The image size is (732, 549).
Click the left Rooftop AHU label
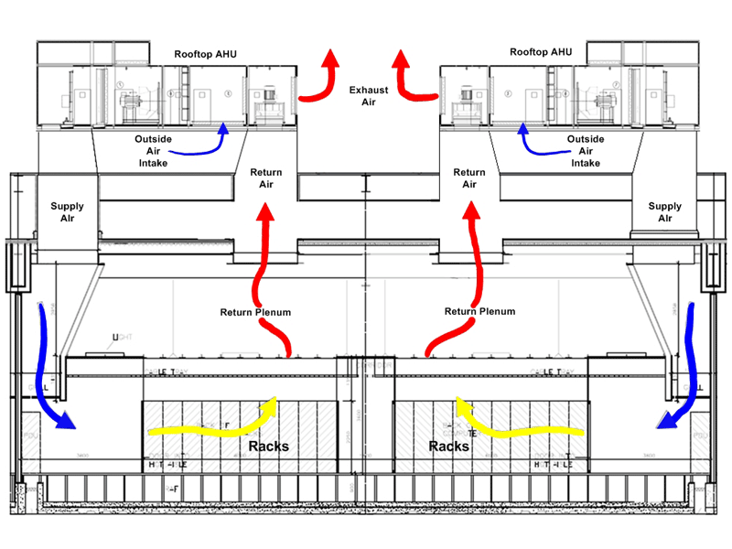click(206, 54)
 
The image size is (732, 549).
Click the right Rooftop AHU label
click(541, 52)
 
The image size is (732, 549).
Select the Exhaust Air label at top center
click(368, 96)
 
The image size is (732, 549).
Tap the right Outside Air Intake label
click(586, 151)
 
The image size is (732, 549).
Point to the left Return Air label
click(266, 178)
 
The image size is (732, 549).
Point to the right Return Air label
click(469, 178)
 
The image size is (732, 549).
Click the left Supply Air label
click(67, 212)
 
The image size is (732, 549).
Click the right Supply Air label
click(665, 212)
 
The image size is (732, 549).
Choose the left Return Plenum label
click(255, 312)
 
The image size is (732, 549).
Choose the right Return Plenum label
click(480, 312)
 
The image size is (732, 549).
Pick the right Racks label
click(448, 447)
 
